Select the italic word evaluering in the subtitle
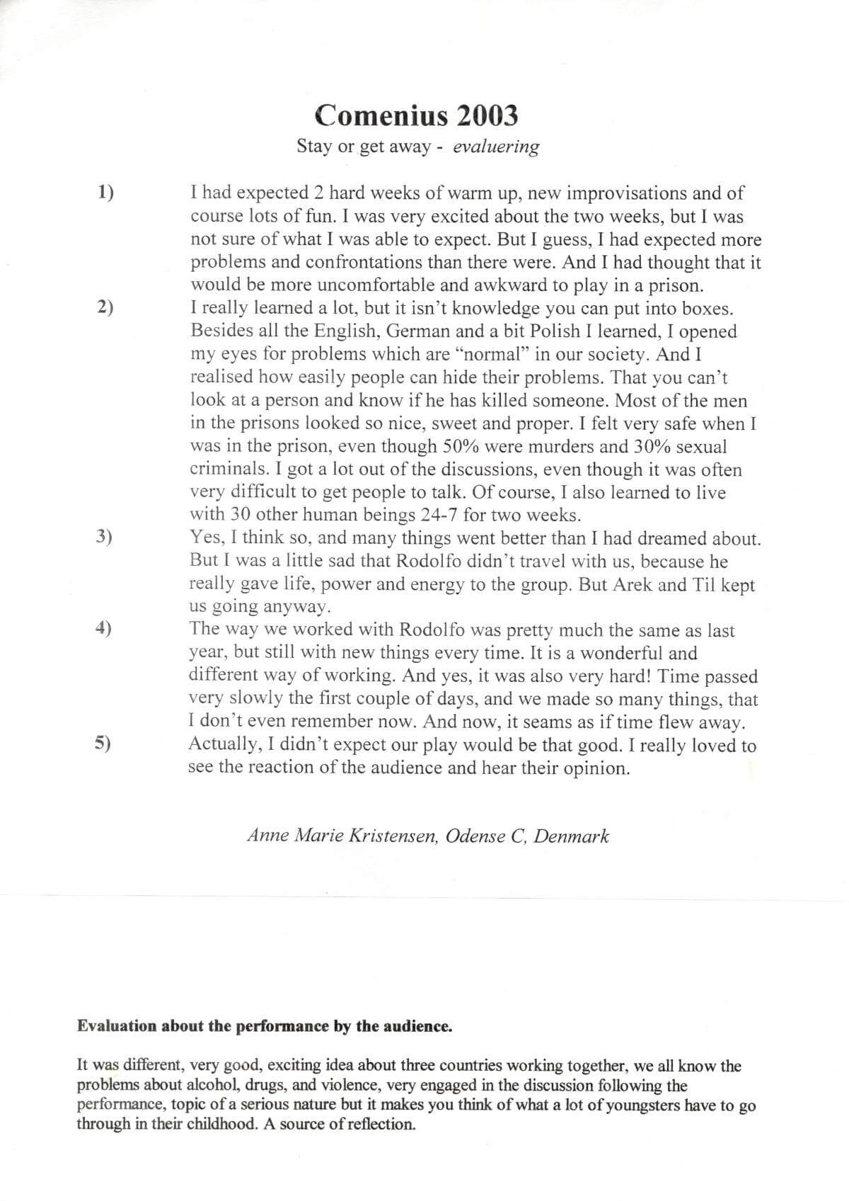pyautogui.click(x=496, y=147)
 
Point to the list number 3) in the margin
pyautogui.click(x=104, y=537)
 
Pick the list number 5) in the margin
pyautogui.click(x=103, y=743)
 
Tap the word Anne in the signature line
pyautogui.click(x=267, y=836)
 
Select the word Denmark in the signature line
pyautogui.click(x=571, y=836)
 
